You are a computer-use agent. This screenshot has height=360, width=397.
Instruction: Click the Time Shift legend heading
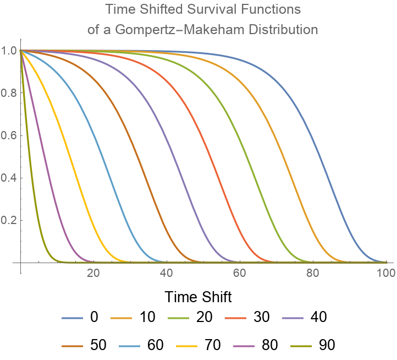pyautogui.click(x=198, y=297)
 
